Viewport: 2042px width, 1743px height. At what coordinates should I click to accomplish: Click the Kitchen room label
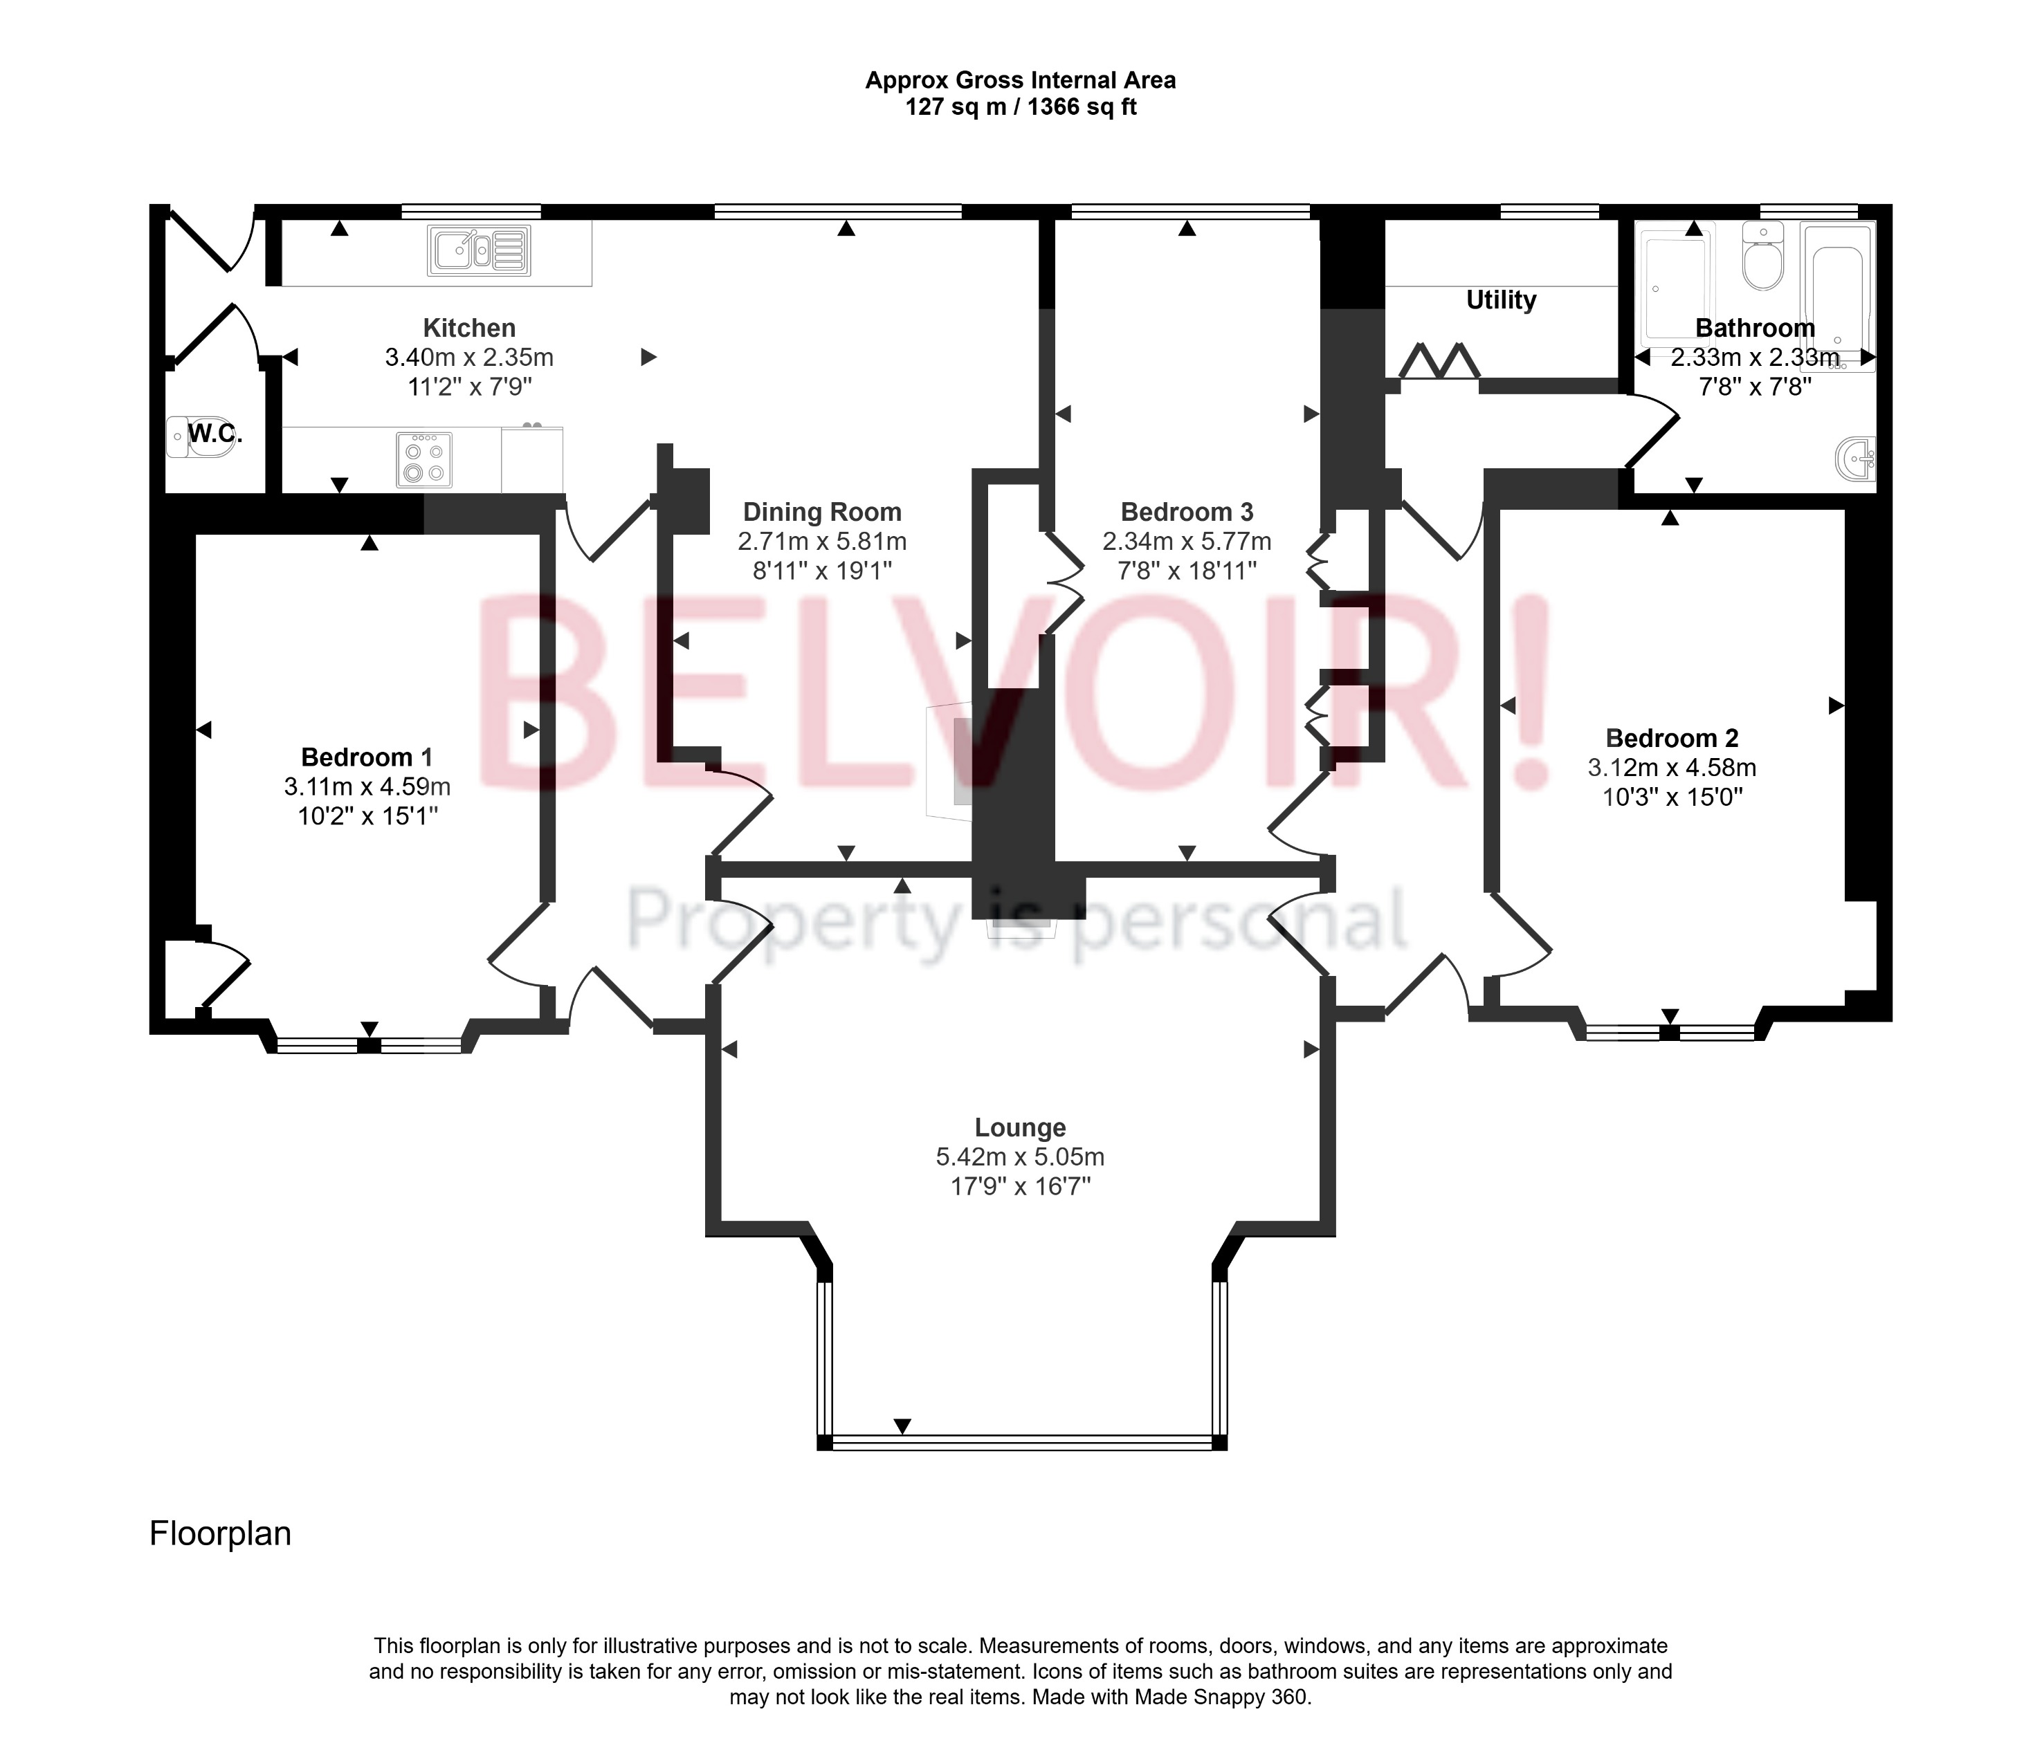(x=469, y=328)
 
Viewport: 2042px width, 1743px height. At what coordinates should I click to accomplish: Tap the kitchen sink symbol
(x=479, y=250)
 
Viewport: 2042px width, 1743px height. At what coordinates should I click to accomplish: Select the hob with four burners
(x=423, y=460)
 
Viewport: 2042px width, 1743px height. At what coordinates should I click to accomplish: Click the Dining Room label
(x=822, y=513)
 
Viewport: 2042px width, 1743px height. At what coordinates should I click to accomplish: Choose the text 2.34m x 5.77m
(x=1187, y=542)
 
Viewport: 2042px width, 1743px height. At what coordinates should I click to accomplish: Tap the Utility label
(x=1500, y=300)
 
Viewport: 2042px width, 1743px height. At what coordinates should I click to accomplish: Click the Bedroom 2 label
(x=1671, y=738)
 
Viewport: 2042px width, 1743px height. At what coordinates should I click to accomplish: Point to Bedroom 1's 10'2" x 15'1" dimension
(x=367, y=816)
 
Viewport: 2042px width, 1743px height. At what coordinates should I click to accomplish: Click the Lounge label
(x=1020, y=1128)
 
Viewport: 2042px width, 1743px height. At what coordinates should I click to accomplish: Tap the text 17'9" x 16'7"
(x=1020, y=1186)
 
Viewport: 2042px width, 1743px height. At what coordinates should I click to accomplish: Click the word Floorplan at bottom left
(x=220, y=1534)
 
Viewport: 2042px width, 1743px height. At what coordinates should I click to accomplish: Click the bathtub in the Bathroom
(x=1837, y=295)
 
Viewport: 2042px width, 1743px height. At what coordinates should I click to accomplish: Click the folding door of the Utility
(x=1439, y=362)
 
